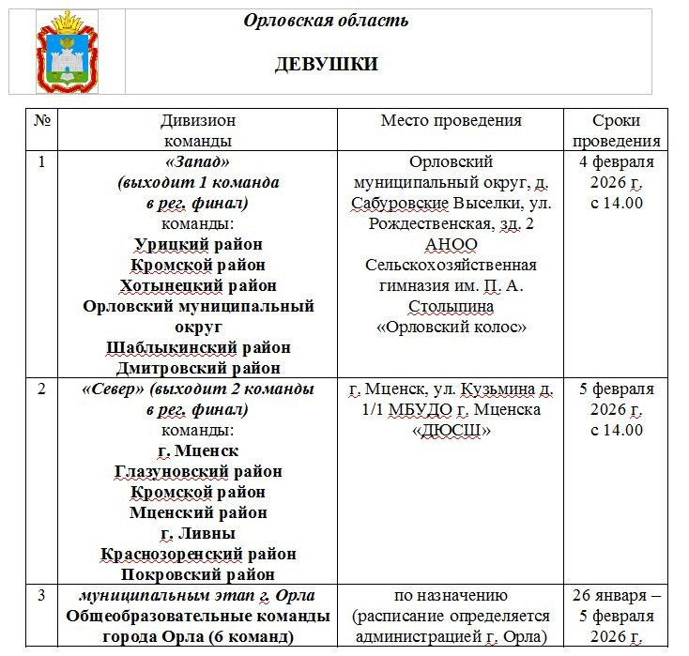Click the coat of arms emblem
(67, 52)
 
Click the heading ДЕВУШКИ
(326, 64)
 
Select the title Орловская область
(326, 21)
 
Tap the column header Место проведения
(451, 121)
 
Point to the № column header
(41, 121)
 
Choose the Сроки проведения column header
(616, 130)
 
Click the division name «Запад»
(198, 161)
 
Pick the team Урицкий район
(198, 245)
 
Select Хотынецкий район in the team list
(198, 285)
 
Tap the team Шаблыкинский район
(198, 347)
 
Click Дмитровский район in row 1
(198, 368)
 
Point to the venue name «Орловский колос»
(451, 327)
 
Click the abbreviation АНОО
(451, 244)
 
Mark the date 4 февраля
(616, 161)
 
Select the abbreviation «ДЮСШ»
(451, 430)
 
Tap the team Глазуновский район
(198, 471)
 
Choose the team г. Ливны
(198, 533)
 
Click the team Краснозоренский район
(198, 554)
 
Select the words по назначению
(451, 596)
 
